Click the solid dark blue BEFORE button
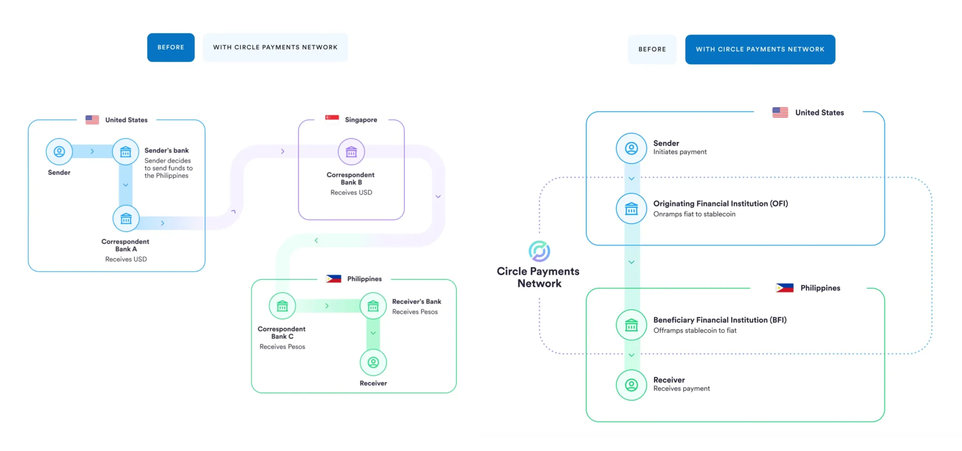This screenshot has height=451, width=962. coord(171,47)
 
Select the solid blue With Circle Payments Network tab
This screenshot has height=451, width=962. coord(760,49)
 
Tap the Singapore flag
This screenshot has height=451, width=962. coord(332,119)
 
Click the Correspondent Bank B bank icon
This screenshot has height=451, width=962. coord(351,152)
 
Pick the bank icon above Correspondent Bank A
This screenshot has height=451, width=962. coord(126,219)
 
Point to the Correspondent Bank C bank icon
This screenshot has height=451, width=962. coord(282,306)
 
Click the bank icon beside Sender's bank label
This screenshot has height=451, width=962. coord(125,152)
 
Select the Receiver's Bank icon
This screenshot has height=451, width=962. coord(373,306)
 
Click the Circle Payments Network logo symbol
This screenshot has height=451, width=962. coord(539,251)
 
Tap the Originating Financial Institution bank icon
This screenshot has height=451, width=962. coord(631,208)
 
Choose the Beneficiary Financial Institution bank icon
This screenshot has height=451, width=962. coord(631,324)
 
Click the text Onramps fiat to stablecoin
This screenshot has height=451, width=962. coord(694,214)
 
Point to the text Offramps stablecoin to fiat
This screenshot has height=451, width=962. coord(695,331)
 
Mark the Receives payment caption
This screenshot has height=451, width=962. coord(682,389)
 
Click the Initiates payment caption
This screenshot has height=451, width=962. coord(680,152)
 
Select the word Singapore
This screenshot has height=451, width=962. coord(361,120)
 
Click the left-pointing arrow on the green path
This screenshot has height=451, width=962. coord(316,240)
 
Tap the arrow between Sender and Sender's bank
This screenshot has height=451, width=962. coord(92,151)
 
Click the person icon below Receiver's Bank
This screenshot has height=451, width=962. coord(373,363)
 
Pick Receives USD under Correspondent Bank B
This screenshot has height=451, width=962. coord(351,193)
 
